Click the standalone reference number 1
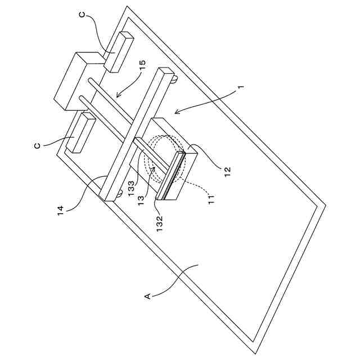pyautogui.click(x=240, y=88)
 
